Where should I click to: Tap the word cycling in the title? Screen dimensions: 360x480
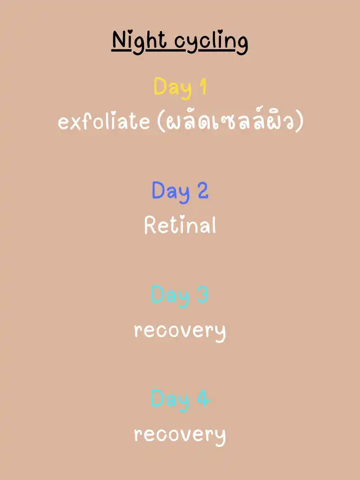point(211,43)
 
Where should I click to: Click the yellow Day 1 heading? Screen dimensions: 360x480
point(180,88)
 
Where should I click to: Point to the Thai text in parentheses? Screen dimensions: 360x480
point(230,121)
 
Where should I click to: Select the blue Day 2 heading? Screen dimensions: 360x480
point(180,192)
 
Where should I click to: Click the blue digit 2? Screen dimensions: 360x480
point(203,190)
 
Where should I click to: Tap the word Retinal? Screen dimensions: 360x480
point(180,225)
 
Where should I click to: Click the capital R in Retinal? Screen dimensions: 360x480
point(150,225)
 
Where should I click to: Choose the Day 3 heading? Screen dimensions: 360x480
point(180,296)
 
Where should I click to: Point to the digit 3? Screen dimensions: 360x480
point(203,294)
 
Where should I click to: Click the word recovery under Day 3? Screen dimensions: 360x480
point(180,331)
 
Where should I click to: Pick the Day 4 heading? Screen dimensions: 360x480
point(181,400)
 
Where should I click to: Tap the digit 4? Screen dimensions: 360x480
point(204,398)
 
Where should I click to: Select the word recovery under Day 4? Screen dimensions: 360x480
point(180,436)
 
